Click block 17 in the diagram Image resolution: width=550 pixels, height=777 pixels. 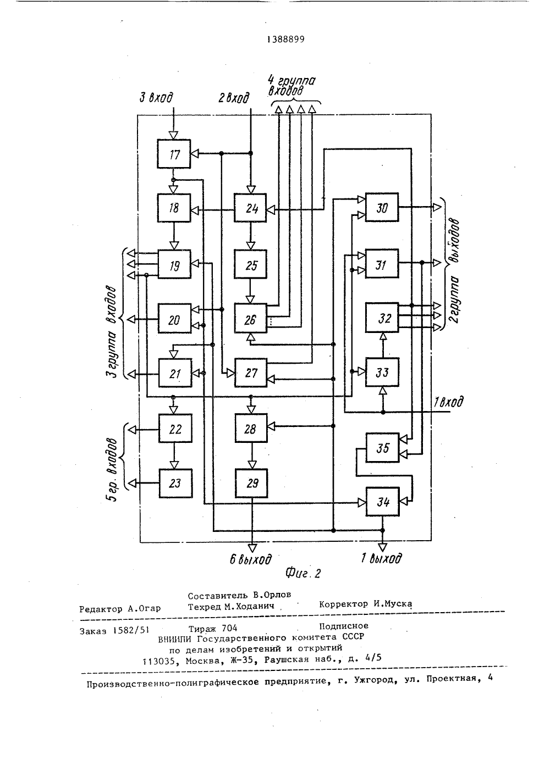(x=174, y=154)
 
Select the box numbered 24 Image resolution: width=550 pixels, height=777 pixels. (x=250, y=208)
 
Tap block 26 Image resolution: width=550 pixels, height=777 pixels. (x=251, y=318)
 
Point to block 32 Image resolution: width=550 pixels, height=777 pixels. (x=382, y=318)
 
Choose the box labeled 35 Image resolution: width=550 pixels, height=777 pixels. (x=383, y=448)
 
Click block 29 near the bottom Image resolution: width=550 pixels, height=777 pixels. (x=251, y=483)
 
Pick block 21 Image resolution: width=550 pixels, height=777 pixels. (x=175, y=373)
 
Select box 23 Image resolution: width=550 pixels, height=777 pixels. (x=175, y=483)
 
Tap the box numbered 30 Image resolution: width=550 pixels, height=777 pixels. (x=382, y=207)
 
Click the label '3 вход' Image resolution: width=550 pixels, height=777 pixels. (x=156, y=98)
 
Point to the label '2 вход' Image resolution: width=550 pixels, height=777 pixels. (x=234, y=98)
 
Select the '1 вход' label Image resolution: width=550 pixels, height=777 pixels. (x=449, y=402)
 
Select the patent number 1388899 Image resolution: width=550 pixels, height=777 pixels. (x=286, y=40)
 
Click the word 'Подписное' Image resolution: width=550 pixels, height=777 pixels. (x=344, y=626)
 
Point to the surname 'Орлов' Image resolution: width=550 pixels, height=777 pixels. (x=277, y=595)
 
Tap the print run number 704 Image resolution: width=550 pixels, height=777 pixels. (x=229, y=628)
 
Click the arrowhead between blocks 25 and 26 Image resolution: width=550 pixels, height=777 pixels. (x=250, y=299)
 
